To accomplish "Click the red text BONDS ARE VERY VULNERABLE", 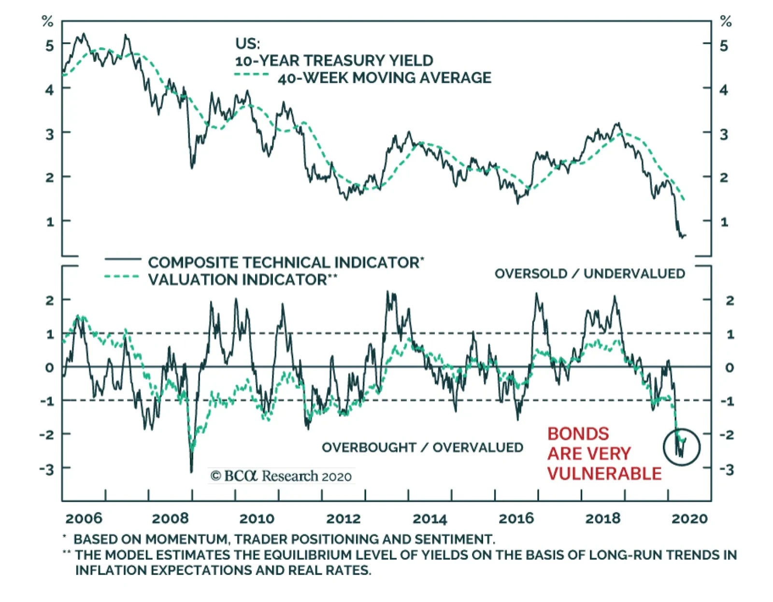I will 604,454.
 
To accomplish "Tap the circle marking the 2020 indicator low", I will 682,447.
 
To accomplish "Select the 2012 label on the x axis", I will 343,519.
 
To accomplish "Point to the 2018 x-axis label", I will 602,519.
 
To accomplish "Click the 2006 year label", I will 84,519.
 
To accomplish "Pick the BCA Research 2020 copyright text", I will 281,476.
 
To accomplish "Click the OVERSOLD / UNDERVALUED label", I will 589,274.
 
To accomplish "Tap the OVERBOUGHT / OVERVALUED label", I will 422,448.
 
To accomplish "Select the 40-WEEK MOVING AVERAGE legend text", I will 384,78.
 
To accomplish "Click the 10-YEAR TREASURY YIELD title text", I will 334,61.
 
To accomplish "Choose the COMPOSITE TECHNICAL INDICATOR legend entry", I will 285,263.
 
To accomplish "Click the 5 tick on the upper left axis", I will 50,46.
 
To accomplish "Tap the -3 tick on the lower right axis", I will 727,469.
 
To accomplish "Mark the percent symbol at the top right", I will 726,21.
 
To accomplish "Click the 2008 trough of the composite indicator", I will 191,471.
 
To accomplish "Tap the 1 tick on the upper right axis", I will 724,223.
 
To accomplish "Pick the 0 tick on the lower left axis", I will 49,368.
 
